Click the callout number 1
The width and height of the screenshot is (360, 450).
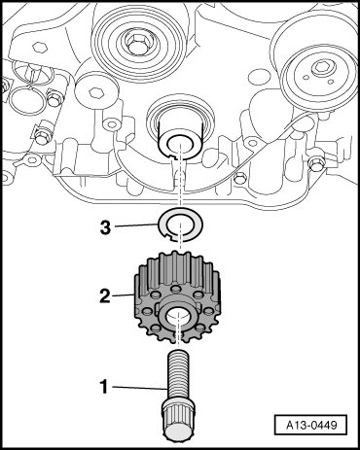coord(104,387)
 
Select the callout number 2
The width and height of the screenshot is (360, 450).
coord(105,296)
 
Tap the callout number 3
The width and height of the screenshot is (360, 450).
coord(105,227)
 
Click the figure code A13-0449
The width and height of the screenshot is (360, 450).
coord(311,425)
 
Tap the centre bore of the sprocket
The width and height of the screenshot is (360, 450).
coord(178,316)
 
